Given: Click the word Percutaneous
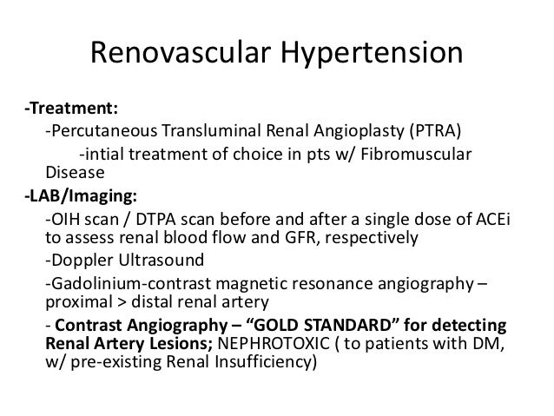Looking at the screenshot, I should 99,131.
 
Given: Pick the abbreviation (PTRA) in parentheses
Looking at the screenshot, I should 439,131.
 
